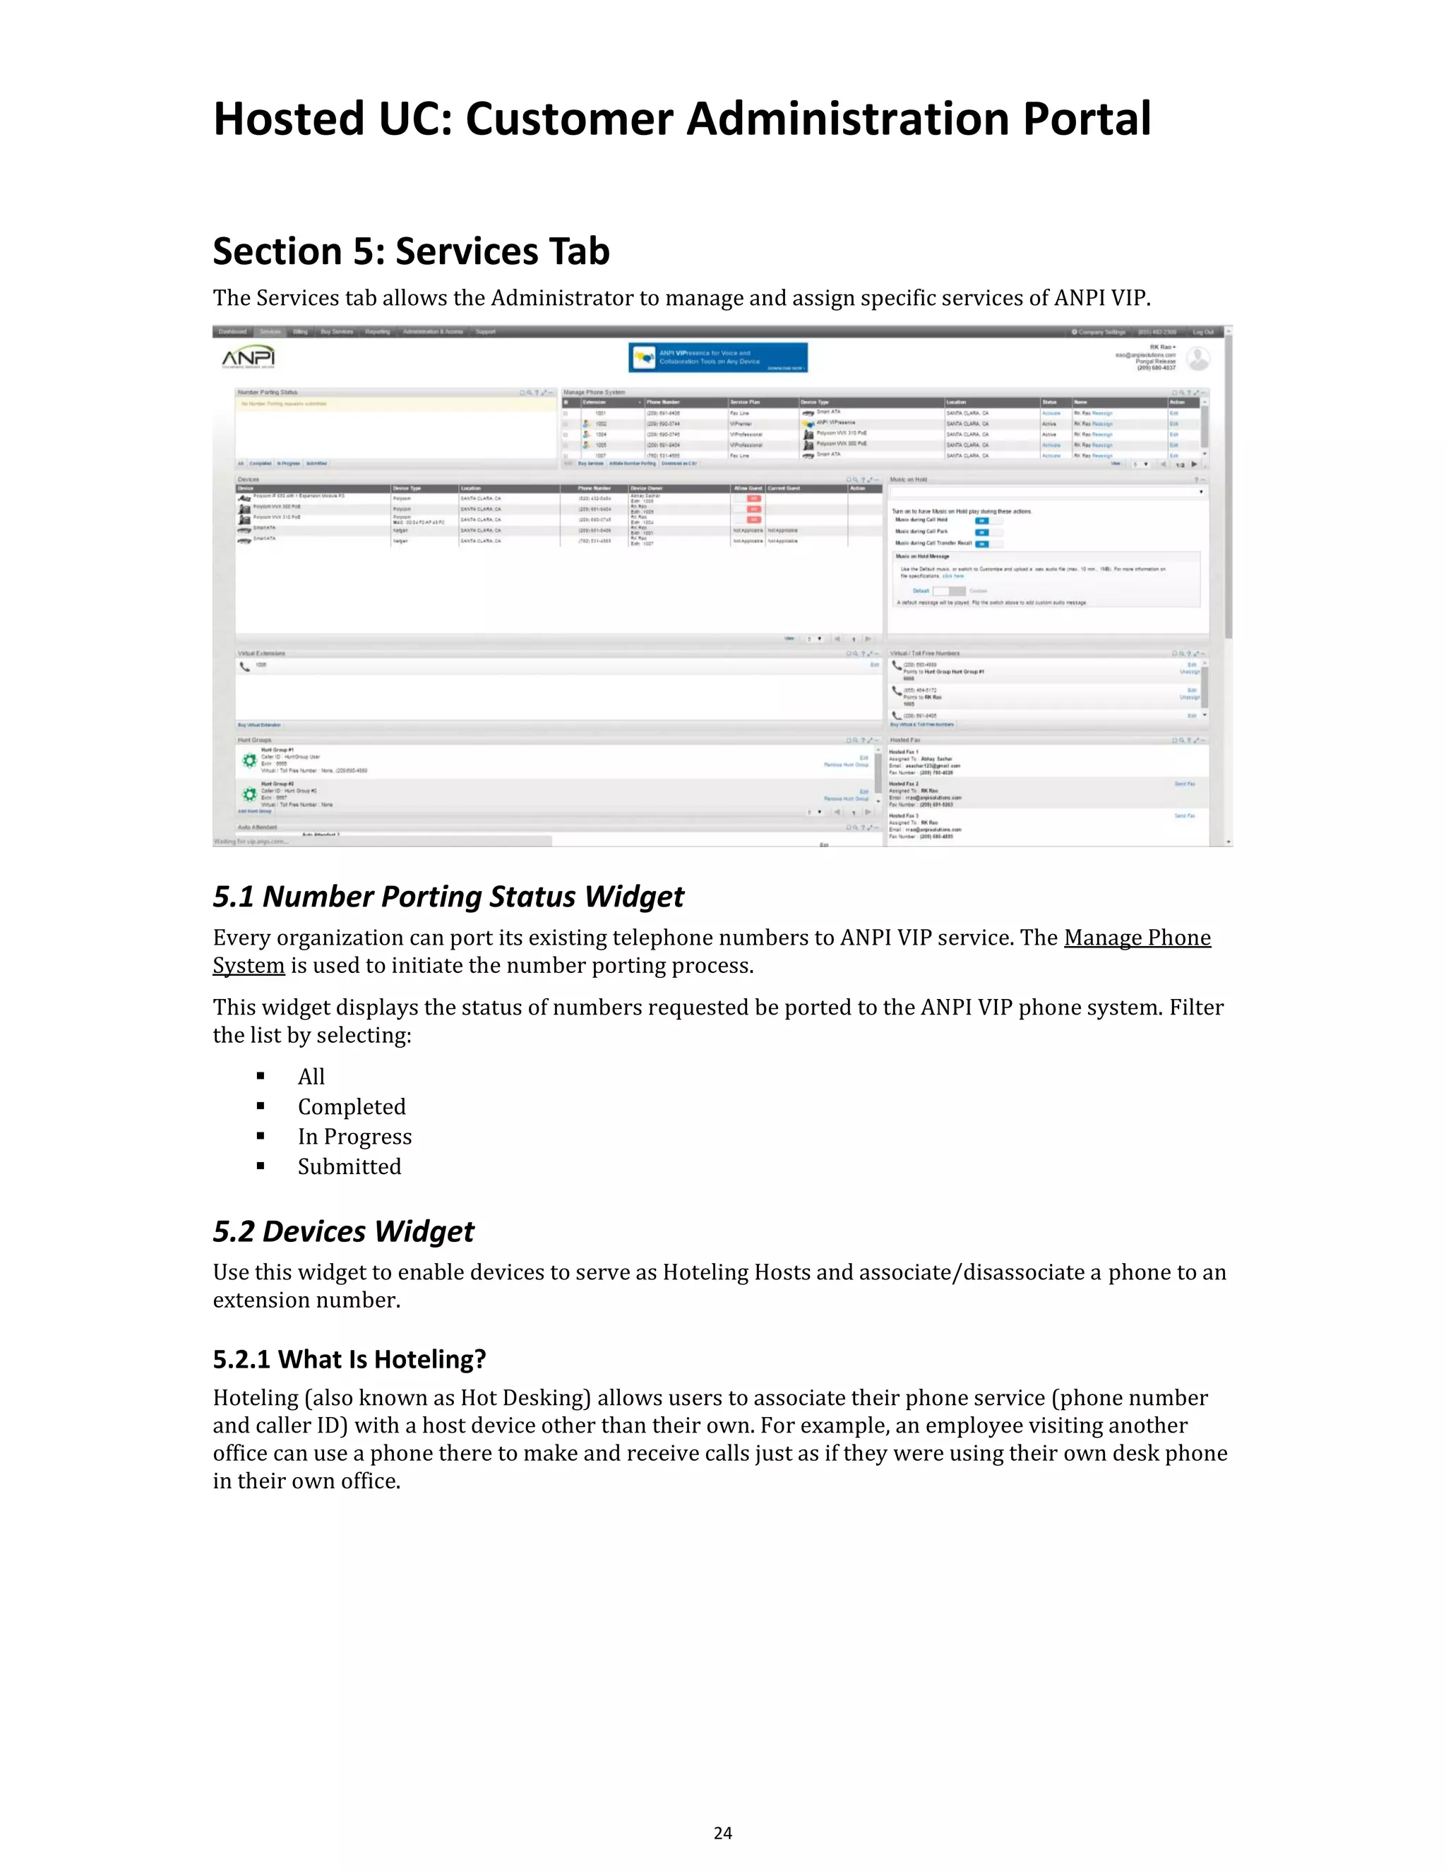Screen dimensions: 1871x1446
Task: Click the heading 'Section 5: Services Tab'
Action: coord(411,252)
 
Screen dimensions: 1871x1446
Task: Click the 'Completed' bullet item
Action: coord(351,1107)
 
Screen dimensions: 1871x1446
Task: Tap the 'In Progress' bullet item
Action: coord(354,1137)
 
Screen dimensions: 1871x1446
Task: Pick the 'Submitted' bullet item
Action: coord(349,1167)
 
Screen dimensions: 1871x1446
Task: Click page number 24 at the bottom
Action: coord(722,1832)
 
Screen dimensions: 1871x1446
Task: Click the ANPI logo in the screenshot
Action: coord(249,357)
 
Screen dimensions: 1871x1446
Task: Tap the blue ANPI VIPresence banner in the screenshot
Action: coord(718,358)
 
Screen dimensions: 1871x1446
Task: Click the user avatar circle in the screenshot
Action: coord(1198,358)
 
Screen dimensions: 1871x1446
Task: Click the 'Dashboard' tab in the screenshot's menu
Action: coord(232,332)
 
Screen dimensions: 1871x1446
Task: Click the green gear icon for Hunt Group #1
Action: coord(249,760)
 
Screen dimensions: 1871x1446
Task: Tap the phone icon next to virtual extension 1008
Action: coord(245,666)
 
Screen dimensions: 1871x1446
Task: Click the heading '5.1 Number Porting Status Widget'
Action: coord(448,896)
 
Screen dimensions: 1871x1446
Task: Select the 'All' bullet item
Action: coord(311,1077)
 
